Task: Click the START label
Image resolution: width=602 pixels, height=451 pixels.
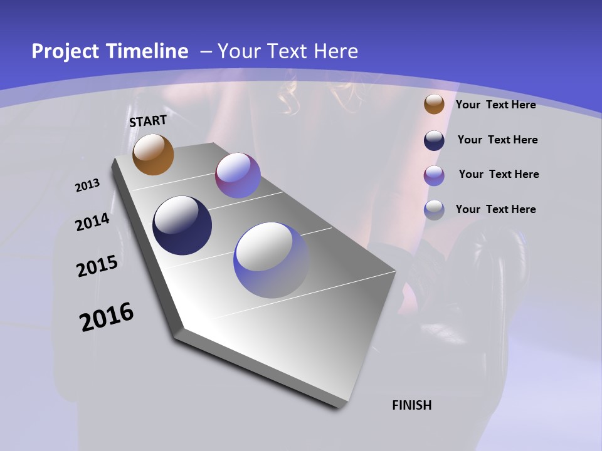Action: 148,121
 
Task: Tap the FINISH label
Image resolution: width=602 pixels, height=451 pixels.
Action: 412,405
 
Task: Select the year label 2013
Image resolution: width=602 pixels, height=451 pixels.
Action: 88,185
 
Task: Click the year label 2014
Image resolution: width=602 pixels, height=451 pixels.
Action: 92,222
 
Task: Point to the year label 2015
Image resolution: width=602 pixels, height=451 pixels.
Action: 97,266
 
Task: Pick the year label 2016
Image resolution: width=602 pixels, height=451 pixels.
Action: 107,317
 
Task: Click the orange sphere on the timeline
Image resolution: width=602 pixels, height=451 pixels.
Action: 154,154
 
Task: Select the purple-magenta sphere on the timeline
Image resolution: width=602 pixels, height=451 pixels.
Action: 238,175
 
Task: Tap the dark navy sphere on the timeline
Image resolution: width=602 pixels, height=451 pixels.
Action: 182,225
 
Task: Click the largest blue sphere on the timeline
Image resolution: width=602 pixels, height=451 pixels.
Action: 271,260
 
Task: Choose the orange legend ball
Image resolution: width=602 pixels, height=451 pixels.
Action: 434,105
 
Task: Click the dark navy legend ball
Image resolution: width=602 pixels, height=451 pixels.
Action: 434,140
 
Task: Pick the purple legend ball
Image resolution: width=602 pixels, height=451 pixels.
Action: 434,175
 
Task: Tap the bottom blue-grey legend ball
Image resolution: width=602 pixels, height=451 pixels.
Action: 434,210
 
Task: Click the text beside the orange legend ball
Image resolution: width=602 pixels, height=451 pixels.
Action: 495,105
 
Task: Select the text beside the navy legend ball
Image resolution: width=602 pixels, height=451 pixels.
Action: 497,140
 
